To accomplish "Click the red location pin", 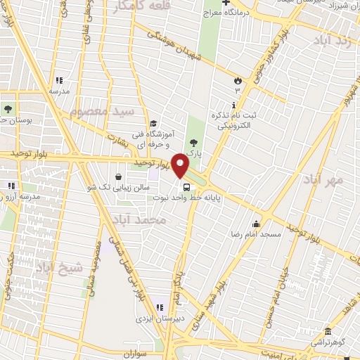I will pos(181,165).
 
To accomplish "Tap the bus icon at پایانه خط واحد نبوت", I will pos(186,187).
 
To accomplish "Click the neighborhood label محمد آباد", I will pos(150,221).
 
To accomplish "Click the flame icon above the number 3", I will pos(237,79).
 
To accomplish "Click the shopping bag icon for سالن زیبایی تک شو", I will pos(117,176).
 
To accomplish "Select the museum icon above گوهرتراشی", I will pos(328,332).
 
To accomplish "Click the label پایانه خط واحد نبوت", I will pos(198,198).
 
